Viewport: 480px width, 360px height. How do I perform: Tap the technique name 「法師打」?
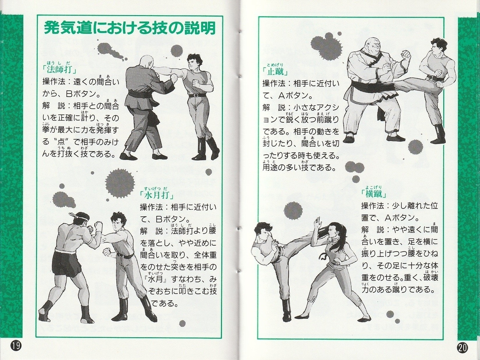tap(60, 70)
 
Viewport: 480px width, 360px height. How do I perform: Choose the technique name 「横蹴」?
tap(374, 194)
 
